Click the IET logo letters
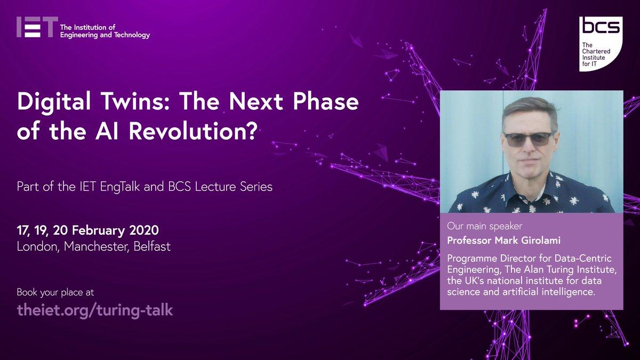click(x=37, y=27)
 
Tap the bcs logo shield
click(x=601, y=44)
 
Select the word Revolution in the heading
click(x=186, y=131)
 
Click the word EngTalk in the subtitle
click(x=120, y=187)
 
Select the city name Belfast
click(x=152, y=246)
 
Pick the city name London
click(x=38, y=246)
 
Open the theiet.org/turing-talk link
click(x=95, y=310)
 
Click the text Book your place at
click(x=55, y=293)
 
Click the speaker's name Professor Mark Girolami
click(x=503, y=241)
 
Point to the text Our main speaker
click(x=485, y=226)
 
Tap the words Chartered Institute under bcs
click(x=596, y=54)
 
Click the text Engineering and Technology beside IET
click(x=105, y=35)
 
